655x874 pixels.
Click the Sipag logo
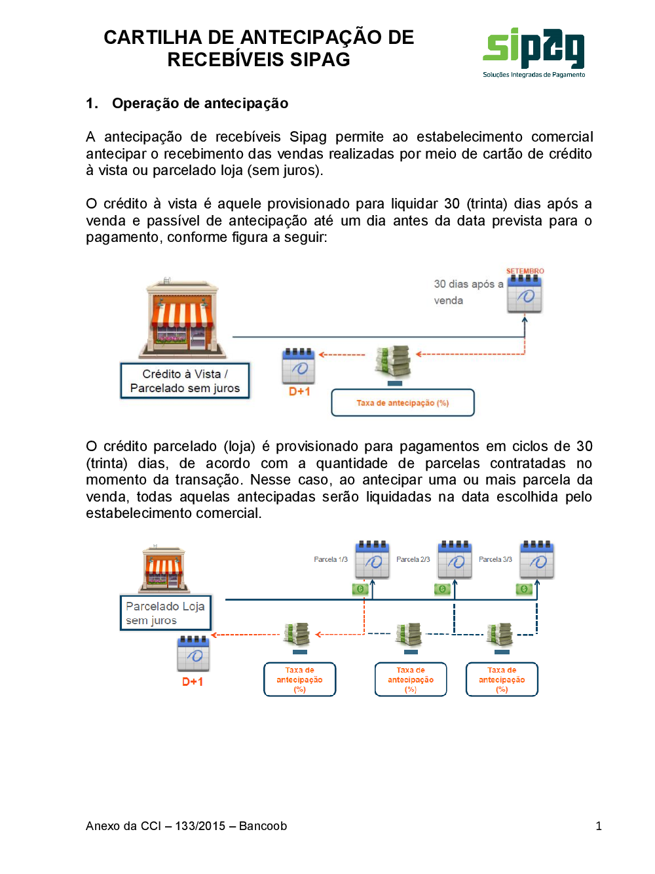coord(534,52)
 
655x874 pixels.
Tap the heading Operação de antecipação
coord(200,103)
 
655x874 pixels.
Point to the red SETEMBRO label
coord(525,271)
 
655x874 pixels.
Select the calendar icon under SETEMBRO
coord(525,294)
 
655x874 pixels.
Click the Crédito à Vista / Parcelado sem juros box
coord(185,381)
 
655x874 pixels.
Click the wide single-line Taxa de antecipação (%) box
coord(402,403)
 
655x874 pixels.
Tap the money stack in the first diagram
coord(393,361)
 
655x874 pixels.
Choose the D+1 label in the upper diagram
coord(299,391)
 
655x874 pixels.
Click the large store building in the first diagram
coord(182,318)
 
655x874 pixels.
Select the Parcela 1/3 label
coord(331,559)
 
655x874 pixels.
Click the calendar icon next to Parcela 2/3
coord(455,559)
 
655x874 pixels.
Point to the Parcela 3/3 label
coord(495,559)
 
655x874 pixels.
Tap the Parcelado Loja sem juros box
coord(166,613)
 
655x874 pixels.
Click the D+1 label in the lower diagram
coord(193,682)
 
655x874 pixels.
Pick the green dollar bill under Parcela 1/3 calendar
coord(360,589)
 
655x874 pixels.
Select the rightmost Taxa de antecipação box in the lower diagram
coord(502,679)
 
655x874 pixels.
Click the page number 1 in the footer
coord(599,826)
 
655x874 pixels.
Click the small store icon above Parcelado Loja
coord(164,568)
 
